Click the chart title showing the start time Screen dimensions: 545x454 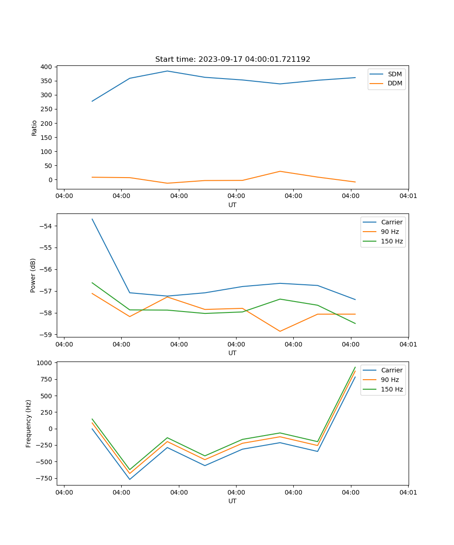(232, 59)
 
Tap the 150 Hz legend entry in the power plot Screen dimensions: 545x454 (392, 241)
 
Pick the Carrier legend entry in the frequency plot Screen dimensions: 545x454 (391, 370)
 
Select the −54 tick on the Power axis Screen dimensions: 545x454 (48, 226)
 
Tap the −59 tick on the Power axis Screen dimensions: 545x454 (48, 335)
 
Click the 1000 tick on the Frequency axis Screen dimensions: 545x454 (45, 363)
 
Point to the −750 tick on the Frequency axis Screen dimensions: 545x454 (45, 478)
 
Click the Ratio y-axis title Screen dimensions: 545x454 (35, 128)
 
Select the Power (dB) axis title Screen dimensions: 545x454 (33, 275)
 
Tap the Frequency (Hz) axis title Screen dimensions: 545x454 (29, 423)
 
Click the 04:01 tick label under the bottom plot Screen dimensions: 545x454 (408, 492)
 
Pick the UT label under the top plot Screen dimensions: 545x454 (232, 205)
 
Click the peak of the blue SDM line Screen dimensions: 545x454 (167, 71)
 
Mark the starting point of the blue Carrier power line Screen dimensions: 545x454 (92, 219)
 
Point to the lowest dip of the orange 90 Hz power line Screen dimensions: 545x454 (280, 331)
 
